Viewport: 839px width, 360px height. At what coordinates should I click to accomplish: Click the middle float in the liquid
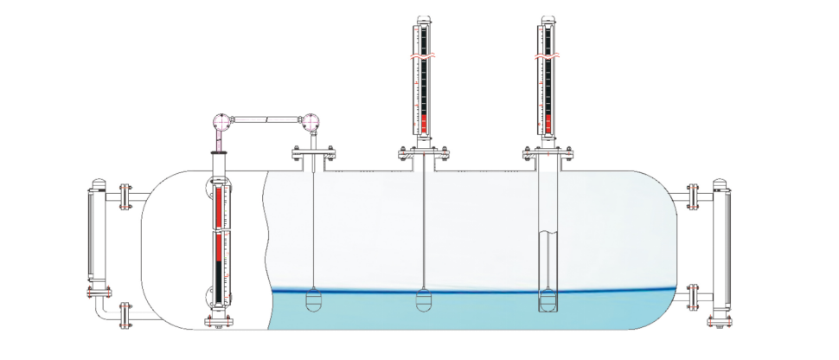pos(424,301)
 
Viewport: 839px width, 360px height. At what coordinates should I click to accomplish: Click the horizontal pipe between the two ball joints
pos(266,118)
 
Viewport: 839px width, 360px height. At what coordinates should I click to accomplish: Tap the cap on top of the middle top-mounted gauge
pos(423,20)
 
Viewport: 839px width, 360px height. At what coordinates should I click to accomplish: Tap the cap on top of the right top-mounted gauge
pos(547,20)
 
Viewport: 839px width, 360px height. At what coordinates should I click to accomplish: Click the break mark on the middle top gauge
pos(423,58)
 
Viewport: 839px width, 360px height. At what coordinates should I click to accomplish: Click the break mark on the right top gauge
pos(547,58)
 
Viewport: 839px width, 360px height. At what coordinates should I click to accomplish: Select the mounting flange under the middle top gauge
pos(423,155)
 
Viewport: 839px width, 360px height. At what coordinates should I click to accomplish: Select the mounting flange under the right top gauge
pos(548,155)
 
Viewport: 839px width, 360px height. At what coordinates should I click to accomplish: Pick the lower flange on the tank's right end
pos(693,298)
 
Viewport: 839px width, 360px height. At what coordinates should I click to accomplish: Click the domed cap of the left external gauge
pos(96,183)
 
